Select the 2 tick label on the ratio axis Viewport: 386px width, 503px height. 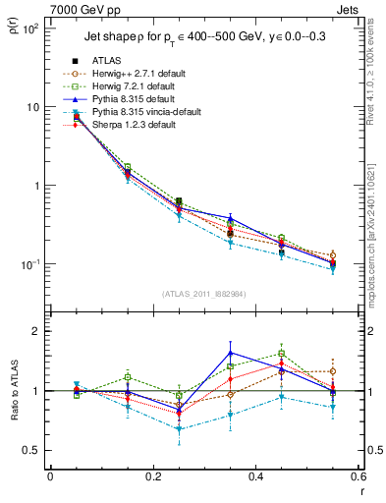pyautogui.click(x=37, y=331)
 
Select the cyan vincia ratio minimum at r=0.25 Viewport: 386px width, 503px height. pyautogui.click(x=179, y=429)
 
